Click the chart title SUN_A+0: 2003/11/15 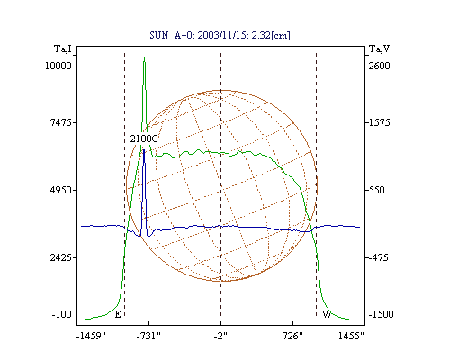click(200, 35)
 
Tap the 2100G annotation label click(144, 139)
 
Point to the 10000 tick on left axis click(58, 66)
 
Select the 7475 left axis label click(61, 122)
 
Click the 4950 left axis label click(61, 190)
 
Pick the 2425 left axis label click(61, 257)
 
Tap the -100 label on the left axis click(62, 314)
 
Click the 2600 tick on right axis click(380, 66)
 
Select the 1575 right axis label click(380, 122)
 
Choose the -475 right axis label click(378, 257)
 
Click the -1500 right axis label click(381, 314)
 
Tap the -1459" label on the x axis click(92, 336)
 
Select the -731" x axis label click(148, 336)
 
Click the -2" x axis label click(220, 336)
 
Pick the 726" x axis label click(292, 336)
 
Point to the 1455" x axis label click(351, 336)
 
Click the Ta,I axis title click(63, 49)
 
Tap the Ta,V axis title click(380, 49)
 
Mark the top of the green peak click(144, 57)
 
